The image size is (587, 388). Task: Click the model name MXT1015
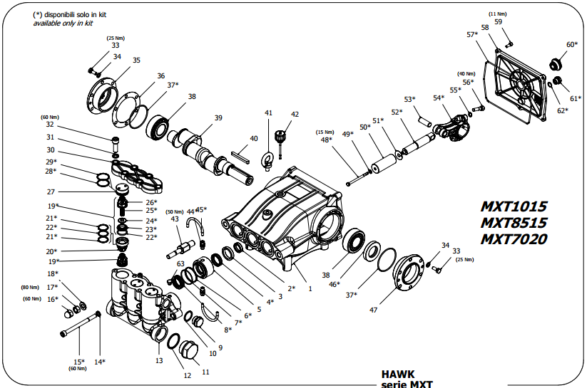[x=514, y=206]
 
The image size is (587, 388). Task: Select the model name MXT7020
[x=514, y=239]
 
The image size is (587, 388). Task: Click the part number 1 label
[x=310, y=289]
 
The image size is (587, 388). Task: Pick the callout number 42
[x=295, y=115]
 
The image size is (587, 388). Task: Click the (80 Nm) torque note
[x=29, y=287]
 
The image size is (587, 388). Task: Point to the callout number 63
[x=180, y=264]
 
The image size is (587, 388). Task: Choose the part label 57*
[x=471, y=34]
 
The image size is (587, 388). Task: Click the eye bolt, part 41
[x=268, y=160]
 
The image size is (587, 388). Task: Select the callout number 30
[x=51, y=150]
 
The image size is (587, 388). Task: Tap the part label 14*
[x=100, y=362]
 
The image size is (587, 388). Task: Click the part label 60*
[x=572, y=45]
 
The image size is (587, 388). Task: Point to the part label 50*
[x=364, y=127]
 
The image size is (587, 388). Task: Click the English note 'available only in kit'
[x=63, y=23]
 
